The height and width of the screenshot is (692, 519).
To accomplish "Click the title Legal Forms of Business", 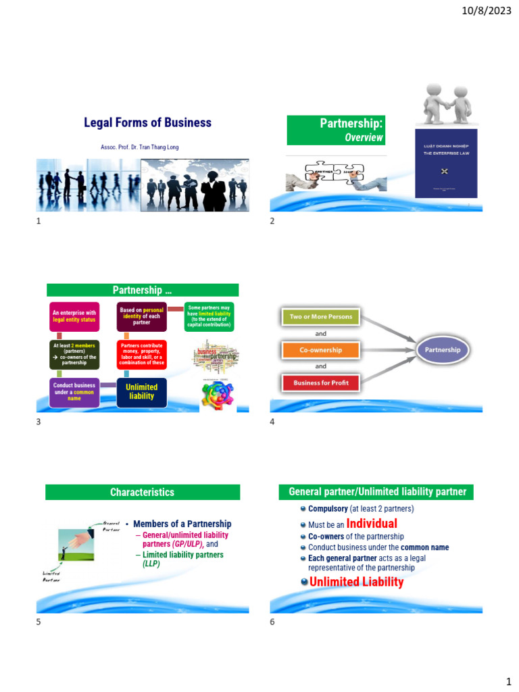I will pyautogui.click(x=147, y=123).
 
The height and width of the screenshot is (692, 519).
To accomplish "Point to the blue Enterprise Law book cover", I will pyautogui.click(x=436, y=164).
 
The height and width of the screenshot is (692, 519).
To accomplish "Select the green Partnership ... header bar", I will pyautogui.click(x=142, y=291).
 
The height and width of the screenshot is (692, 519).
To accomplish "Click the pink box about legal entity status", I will pyautogui.click(x=74, y=316).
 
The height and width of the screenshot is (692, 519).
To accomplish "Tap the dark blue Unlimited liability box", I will pyautogui.click(x=141, y=392).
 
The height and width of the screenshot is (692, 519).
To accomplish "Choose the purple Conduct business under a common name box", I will pyautogui.click(x=74, y=392).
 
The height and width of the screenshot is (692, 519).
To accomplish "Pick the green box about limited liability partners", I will pyautogui.click(x=209, y=316).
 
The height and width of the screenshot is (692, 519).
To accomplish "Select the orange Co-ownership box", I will pyautogui.click(x=321, y=350).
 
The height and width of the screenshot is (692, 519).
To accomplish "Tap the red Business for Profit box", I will pyautogui.click(x=321, y=383).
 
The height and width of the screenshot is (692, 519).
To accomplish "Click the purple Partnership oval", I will pyautogui.click(x=442, y=350).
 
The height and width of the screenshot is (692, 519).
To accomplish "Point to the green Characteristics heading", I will pyautogui.click(x=142, y=493).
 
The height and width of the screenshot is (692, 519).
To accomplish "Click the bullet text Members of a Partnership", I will pyautogui.click(x=182, y=524).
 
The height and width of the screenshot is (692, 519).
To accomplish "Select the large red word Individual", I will pyautogui.click(x=372, y=524).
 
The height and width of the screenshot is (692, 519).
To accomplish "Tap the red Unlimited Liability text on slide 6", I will pyautogui.click(x=356, y=582).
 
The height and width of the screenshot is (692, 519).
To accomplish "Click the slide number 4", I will pyautogui.click(x=272, y=422).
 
